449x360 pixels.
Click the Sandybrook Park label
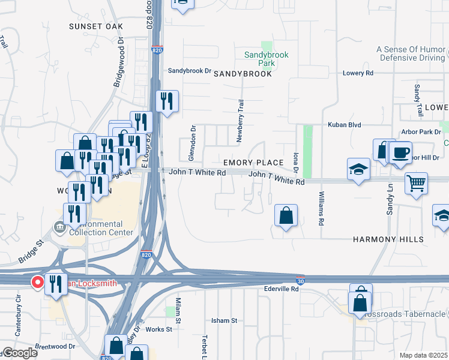click(266, 58)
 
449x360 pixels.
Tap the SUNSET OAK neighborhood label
click(95, 26)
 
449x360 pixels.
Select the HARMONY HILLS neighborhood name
click(388, 239)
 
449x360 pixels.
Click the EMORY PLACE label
click(253, 163)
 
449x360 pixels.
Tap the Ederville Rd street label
click(282, 289)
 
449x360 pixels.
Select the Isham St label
click(224, 321)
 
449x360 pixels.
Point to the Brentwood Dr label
click(55, 346)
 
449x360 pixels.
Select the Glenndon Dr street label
click(193, 143)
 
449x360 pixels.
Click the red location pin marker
click(37, 282)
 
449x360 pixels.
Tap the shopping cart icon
click(415, 182)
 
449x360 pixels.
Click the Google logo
click(20, 353)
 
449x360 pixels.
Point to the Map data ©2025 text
click(423, 355)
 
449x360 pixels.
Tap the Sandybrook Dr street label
click(190, 70)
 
